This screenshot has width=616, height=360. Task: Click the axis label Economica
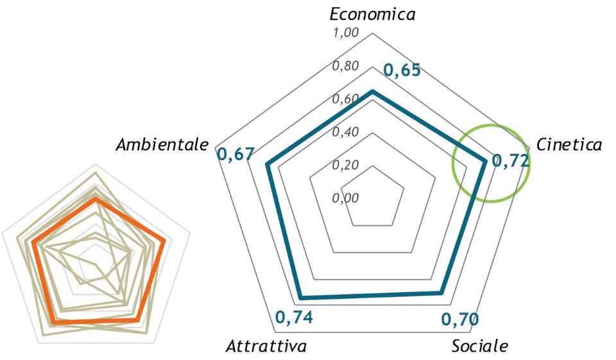372,14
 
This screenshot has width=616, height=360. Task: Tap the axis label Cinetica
569,145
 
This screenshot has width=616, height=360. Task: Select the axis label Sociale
479,347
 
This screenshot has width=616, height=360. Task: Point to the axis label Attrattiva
266,347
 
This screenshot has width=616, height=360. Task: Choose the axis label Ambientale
162,145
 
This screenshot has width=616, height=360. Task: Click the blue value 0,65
402,71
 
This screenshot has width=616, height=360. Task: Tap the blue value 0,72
511,161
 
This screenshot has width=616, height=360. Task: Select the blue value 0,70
461,319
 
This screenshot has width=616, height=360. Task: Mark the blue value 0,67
235,155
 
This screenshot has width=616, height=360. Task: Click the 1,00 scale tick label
345,33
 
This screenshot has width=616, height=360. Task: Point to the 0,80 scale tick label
345,66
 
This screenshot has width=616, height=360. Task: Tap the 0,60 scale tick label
345,99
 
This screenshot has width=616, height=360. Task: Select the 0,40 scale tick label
345,132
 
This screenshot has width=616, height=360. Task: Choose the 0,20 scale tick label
345,165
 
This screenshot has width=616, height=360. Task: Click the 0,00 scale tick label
345,198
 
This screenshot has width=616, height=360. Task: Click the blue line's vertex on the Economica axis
372,92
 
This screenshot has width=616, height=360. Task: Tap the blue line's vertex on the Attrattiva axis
300,297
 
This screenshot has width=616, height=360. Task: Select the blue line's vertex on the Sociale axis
441,293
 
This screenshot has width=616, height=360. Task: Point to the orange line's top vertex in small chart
95,200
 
